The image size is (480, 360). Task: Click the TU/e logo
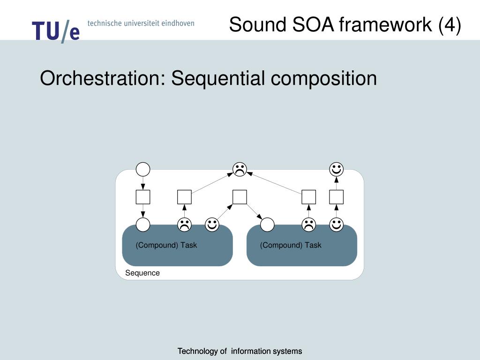tap(56, 31)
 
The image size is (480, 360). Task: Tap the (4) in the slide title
tap(450, 24)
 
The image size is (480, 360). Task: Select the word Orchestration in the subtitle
tap(101, 78)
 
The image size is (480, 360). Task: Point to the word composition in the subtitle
tap(324, 78)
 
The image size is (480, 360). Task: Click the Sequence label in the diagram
tap(142, 273)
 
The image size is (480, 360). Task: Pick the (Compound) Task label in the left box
tap(166, 245)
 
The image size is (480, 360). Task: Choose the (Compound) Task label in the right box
tap(291, 245)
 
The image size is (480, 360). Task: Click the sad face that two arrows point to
tap(240, 169)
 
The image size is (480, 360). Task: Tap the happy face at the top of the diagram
tap(336, 169)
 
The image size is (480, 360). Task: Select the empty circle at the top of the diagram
tap(143, 169)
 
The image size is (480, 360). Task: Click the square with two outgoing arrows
tap(240, 197)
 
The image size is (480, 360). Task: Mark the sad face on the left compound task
tap(184, 225)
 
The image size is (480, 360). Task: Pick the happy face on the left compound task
tap(212, 225)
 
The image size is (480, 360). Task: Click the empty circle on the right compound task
tap(267, 225)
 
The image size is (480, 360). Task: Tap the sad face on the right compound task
tap(308, 225)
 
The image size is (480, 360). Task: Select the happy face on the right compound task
tap(336, 225)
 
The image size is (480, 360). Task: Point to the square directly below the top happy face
tap(336, 197)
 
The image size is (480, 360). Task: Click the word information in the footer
tap(251, 351)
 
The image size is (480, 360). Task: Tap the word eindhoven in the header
tap(178, 23)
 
